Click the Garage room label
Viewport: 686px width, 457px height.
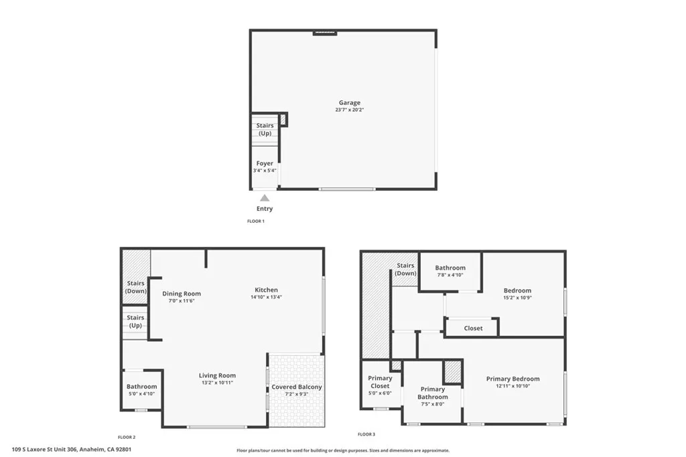click(x=349, y=103)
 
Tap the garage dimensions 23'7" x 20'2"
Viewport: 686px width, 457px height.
click(x=349, y=110)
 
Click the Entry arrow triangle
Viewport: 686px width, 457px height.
click(x=265, y=197)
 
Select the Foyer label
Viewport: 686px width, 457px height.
click(x=265, y=163)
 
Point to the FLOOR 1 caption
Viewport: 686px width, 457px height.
click(x=256, y=221)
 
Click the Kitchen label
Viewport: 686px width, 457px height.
click(x=266, y=290)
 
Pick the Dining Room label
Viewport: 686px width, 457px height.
click(x=182, y=294)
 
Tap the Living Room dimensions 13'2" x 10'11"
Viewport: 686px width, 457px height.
click(x=217, y=383)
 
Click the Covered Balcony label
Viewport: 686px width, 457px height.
click(x=297, y=387)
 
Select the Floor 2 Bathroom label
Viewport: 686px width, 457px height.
click(x=142, y=387)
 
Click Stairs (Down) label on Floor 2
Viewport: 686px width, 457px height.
click(x=135, y=287)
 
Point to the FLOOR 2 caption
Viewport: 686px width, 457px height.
click(x=127, y=436)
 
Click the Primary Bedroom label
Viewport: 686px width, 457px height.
click(x=512, y=379)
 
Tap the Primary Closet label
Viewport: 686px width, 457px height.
click(x=381, y=382)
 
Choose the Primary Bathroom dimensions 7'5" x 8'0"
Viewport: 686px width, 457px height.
click(x=432, y=404)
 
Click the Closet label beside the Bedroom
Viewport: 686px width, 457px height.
click(x=473, y=329)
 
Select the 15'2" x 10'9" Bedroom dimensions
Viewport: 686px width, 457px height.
click(x=517, y=298)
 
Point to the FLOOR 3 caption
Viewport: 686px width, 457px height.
click(x=366, y=434)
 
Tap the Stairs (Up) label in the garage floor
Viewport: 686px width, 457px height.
click(x=265, y=129)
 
